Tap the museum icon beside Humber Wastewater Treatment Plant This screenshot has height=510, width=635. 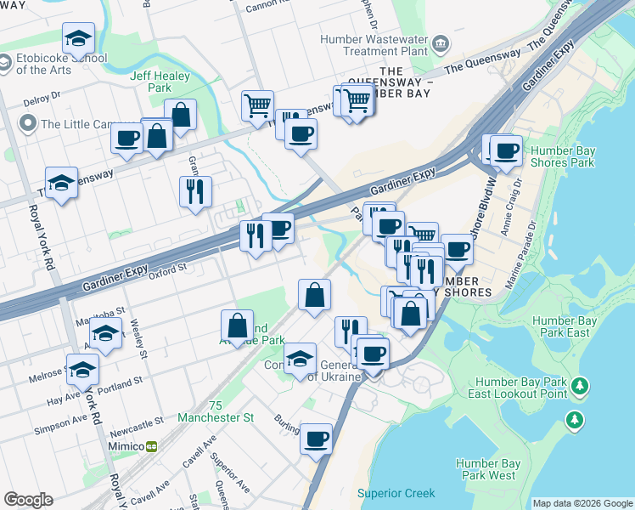click(x=441, y=42)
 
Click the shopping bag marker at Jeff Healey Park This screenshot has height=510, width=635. click(x=180, y=114)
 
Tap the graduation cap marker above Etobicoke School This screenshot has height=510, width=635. click(x=78, y=38)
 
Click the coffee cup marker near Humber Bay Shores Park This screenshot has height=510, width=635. click(x=506, y=151)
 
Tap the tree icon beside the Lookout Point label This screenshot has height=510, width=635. click(x=580, y=387)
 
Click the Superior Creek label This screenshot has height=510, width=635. click(x=396, y=493)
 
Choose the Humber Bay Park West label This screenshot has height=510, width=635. click(x=486, y=469)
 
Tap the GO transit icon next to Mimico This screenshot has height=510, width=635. click(x=152, y=446)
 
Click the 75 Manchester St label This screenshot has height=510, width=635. click(x=216, y=411)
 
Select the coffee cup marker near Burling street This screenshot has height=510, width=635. click(x=316, y=439)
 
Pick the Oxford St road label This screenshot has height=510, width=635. click(x=167, y=273)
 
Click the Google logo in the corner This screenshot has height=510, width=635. click(x=28, y=500)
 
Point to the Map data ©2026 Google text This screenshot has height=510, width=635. click(x=582, y=503)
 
